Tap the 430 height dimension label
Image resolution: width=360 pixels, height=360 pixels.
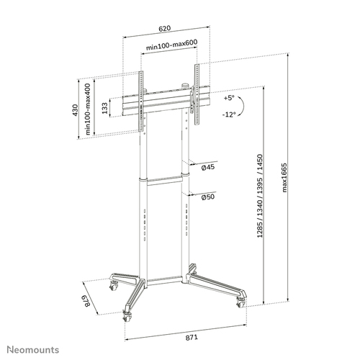tap(75, 110)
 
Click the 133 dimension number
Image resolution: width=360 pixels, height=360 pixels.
tap(104, 107)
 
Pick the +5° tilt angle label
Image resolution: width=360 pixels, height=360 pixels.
tap(230, 97)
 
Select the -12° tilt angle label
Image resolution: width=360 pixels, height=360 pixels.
tap(230, 115)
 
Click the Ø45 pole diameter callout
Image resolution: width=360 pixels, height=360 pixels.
tap(208, 167)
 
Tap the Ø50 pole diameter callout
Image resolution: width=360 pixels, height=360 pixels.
tap(208, 197)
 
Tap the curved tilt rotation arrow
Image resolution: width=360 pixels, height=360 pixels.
tap(246, 107)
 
